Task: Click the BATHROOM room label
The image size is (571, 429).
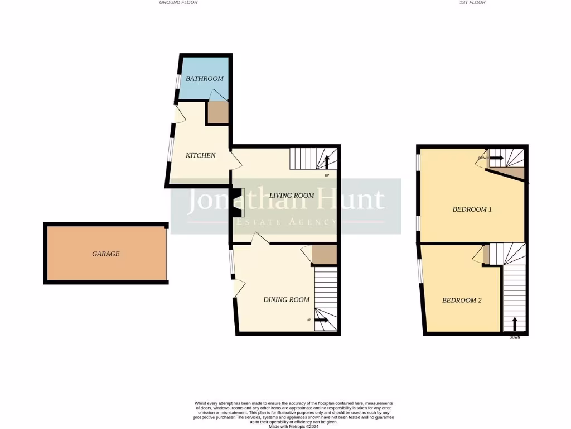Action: (205, 79)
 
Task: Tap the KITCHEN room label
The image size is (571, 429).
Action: (200, 155)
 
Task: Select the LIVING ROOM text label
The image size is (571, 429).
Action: (292, 196)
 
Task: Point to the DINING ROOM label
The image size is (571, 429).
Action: (286, 300)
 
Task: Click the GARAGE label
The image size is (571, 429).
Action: (106, 254)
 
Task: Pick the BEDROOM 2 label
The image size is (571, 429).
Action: (462, 301)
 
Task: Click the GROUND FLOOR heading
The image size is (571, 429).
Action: (178, 3)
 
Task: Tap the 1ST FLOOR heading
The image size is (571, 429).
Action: (472, 3)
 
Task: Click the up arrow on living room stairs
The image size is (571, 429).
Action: (327, 163)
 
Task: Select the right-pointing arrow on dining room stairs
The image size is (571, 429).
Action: (321, 320)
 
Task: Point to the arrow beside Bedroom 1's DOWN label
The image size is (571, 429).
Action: (497, 158)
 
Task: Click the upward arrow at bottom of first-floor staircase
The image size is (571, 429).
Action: (514, 323)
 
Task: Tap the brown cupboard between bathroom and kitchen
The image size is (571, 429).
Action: (217, 113)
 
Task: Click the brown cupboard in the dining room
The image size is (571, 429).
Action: (324, 255)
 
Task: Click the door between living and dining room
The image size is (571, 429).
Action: (260, 239)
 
